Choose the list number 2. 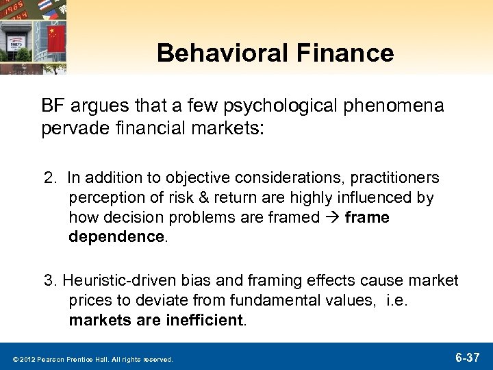[49, 178]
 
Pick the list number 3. [49, 281]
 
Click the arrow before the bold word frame [333, 217]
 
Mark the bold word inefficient [203, 320]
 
